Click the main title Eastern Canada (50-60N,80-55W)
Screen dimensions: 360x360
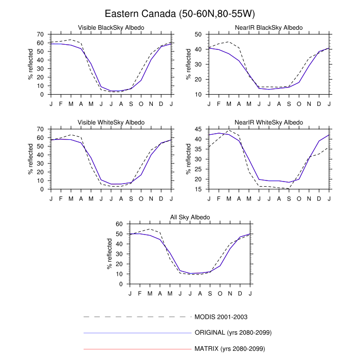click(x=180, y=13)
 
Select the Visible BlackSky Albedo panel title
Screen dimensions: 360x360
click(x=111, y=27)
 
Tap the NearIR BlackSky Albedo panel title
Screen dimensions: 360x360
click(x=269, y=27)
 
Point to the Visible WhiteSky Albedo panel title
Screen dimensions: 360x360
click(x=111, y=122)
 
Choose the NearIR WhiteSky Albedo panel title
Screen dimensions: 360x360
click(x=269, y=122)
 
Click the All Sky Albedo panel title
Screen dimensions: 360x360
click(x=190, y=218)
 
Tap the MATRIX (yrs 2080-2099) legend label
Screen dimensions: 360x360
click(x=229, y=349)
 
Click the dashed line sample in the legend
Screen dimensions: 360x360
click(x=137, y=316)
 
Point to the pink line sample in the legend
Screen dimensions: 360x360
click(x=137, y=349)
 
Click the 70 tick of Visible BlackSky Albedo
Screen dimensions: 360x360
click(x=41, y=34)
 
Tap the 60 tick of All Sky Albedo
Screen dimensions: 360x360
click(x=120, y=224)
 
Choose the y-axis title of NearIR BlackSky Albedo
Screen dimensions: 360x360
click(x=189, y=64)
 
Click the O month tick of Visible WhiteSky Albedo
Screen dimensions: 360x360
click(x=141, y=198)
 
